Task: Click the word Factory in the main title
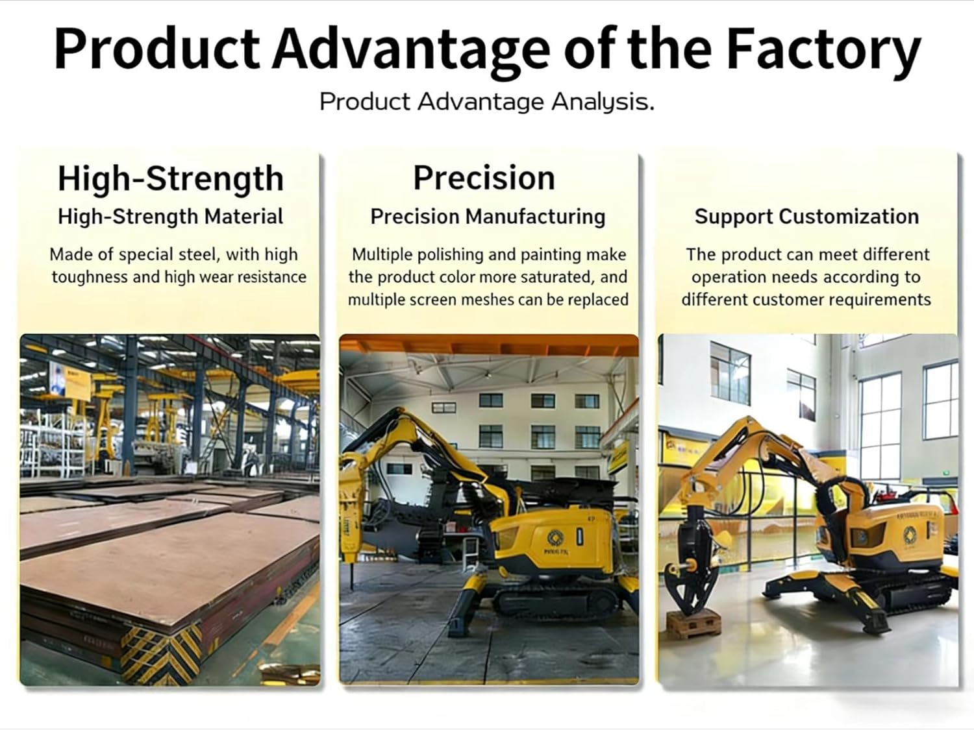[x=823, y=50]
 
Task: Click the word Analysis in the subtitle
[x=602, y=102]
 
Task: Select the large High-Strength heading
[x=170, y=178]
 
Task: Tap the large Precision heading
[x=484, y=178]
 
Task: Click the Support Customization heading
[x=806, y=217]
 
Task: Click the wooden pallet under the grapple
[x=693, y=624]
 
